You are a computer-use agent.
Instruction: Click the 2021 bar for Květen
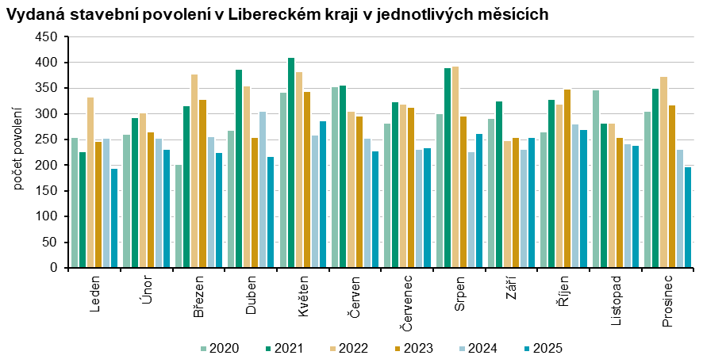tap(291, 162)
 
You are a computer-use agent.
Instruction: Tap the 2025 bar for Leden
tap(114, 218)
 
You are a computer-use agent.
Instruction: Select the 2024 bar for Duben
tap(263, 189)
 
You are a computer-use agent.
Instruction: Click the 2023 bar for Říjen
tap(567, 178)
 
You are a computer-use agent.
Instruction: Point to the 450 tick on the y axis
tap(48, 37)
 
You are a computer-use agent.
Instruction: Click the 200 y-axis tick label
tap(48, 166)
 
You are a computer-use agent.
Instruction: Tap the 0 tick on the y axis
tap(53, 268)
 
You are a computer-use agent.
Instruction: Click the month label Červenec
tap(406, 304)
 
